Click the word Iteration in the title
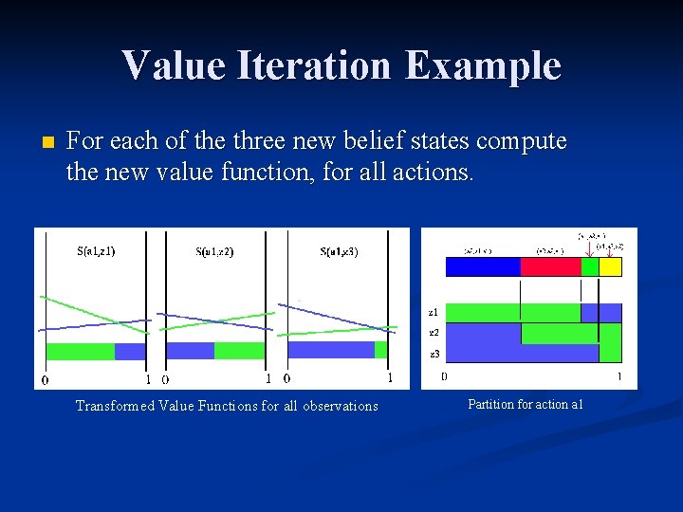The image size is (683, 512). [328, 66]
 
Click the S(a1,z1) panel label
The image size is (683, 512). [96, 251]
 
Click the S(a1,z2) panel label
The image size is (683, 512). [215, 251]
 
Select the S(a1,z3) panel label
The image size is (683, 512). [339, 251]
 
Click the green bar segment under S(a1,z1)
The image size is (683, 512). [80, 351]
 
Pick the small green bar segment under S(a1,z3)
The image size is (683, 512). [381, 350]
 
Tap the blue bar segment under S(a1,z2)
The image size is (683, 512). [190, 351]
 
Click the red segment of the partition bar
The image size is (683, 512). [550, 267]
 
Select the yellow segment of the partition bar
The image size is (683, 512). [610, 267]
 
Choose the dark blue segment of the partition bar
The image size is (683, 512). [483, 267]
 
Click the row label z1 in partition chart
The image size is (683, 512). [434, 312]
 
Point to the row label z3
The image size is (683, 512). [434, 353]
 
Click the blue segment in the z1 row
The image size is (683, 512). [600, 312]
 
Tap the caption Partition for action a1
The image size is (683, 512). [525, 404]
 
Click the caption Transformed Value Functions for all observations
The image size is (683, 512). [227, 406]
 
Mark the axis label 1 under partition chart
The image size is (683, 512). [619, 376]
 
